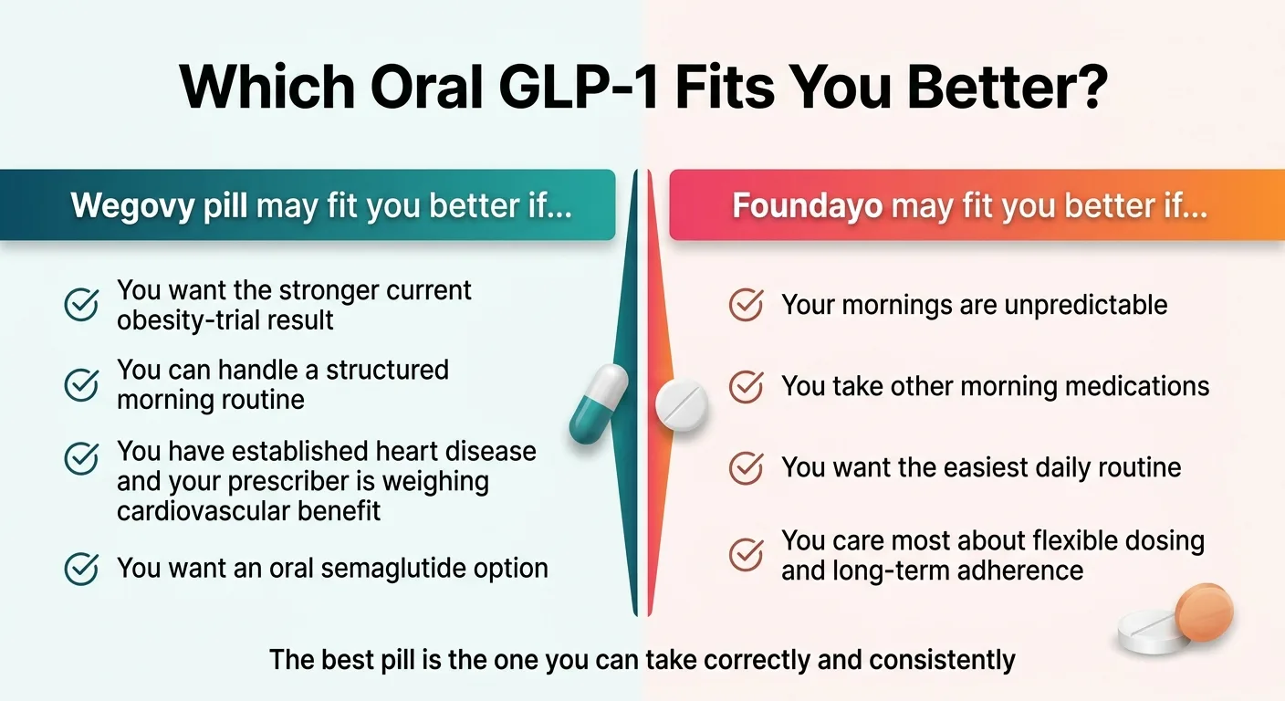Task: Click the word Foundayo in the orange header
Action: tap(807, 205)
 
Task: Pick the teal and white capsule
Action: tap(599, 403)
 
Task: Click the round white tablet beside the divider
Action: tap(682, 403)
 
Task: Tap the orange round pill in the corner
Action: tap(1204, 612)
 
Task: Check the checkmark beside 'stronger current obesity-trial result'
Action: tap(81, 305)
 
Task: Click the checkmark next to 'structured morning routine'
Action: tap(81, 384)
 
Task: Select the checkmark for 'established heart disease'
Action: tap(81, 458)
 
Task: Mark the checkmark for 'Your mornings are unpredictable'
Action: tap(747, 305)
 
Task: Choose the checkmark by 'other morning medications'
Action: tap(747, 386)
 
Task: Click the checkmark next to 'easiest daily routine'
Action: tap(747, 468)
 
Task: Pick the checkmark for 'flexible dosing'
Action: tap(747, 555)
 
